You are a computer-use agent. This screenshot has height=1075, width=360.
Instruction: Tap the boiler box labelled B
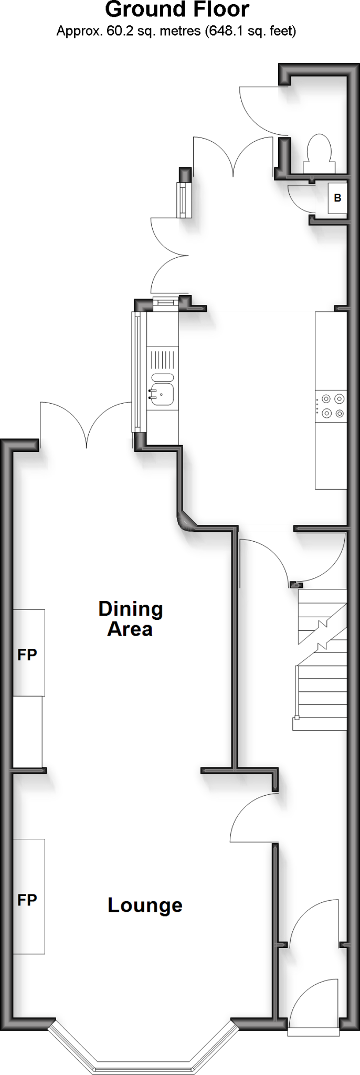coord(337,198)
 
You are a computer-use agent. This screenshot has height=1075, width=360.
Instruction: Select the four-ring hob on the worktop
coord(331,406)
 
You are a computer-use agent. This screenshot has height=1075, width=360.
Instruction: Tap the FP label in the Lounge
coord(27,900)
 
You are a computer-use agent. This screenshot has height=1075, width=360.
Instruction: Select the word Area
coord(130,629)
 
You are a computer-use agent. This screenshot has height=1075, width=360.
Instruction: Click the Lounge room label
coord(145,905)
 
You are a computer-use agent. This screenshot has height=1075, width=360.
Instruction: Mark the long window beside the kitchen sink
coord(137,373)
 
